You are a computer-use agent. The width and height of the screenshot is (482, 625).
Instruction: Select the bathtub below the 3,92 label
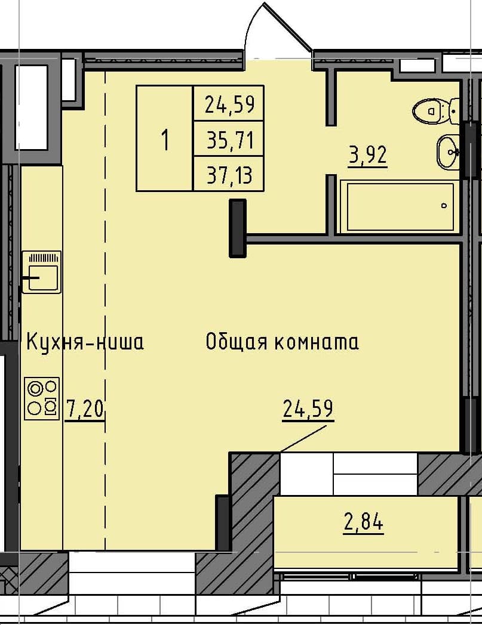click(x=400, y=207)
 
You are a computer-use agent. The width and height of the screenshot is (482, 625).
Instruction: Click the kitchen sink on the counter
click(x=41, y=273)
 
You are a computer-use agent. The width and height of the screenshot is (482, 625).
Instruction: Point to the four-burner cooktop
click(x=42, y=398)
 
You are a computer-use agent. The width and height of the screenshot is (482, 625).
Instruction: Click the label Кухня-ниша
click(x=84, y=343)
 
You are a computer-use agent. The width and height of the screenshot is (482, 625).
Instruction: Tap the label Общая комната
click(x=281, y=342)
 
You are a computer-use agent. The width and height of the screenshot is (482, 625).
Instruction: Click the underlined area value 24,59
click(x=308, y=410)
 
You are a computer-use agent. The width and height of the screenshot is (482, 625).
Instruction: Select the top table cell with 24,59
click(x=229, y=105)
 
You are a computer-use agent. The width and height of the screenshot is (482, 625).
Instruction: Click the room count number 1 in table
click(x=165, y=140)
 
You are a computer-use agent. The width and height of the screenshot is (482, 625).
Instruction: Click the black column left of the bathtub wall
click(x=238, y=228)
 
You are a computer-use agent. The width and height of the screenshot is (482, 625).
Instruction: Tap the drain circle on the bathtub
click(x=444, y=206)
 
